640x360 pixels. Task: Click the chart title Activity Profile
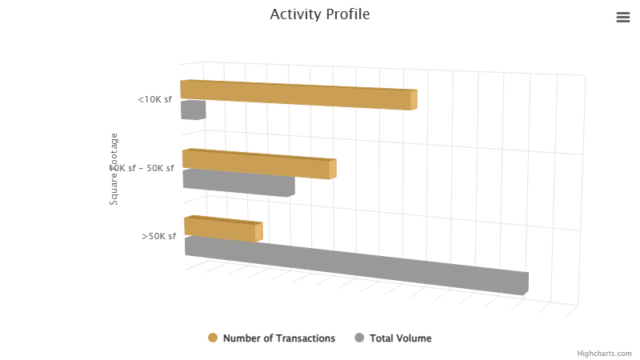(320, 14)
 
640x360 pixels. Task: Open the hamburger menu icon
(623, 18)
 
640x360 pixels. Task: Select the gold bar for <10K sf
(296, 95)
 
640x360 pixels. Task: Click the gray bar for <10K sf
(192, 110)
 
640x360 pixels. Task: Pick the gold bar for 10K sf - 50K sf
(256, 164)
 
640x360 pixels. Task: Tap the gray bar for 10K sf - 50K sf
(238, 182)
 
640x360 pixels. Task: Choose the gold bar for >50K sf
(220, 230)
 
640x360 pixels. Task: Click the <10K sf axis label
(154, 100)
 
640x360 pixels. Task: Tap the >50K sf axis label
(158, 236)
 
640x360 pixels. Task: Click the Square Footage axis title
(114, 169)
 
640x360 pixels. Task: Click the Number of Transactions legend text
(279, 338)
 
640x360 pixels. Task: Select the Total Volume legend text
(400, 338)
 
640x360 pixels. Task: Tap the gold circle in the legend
(213, 338)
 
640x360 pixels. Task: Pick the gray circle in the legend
(359, 338)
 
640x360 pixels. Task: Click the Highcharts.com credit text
(604, 354)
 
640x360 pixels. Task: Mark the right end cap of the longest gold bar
(414, 100)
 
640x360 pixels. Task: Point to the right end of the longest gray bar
(526, 283)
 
